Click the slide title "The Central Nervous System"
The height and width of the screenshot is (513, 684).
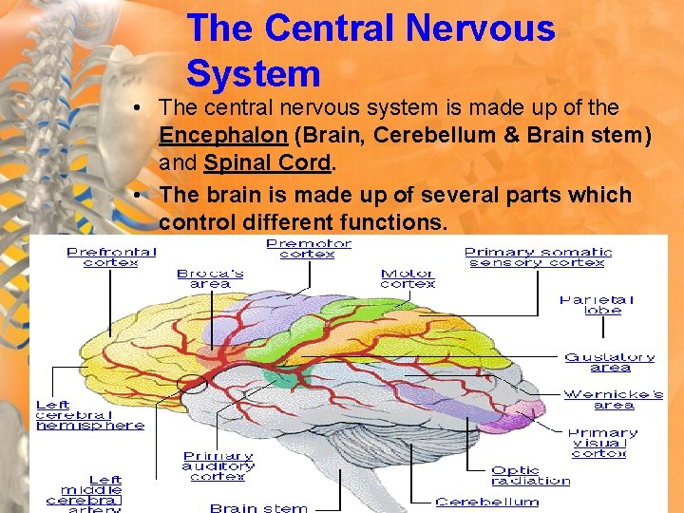click(370, 50)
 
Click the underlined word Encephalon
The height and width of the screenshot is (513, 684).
click(222, 136)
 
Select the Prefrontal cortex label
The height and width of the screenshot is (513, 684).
click(111, 256)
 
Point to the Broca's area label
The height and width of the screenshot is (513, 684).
click(210, 278)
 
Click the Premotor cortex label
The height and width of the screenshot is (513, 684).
click(309, 249)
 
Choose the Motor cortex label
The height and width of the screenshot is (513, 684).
click(408, 278)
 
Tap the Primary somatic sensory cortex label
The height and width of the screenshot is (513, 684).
click(538, 256)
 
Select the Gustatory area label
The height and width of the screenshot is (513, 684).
click(609, 362)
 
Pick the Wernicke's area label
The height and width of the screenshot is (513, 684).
click(613, 399)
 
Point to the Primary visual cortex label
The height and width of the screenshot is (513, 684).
click(602, 443)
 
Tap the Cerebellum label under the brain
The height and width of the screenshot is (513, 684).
click(486, 502)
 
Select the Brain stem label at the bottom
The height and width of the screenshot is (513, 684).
click(258, 507)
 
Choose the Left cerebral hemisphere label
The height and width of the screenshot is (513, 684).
click(90, 415)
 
